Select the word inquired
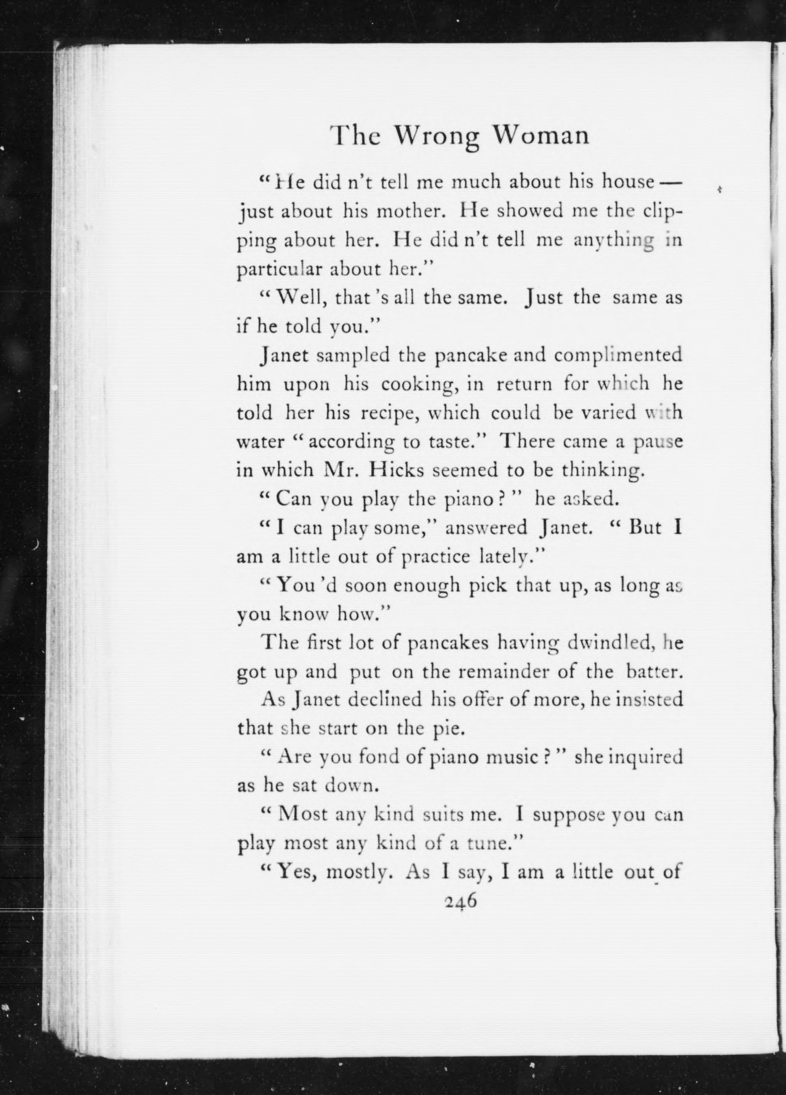pyautogui.click(x=646, y=757)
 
